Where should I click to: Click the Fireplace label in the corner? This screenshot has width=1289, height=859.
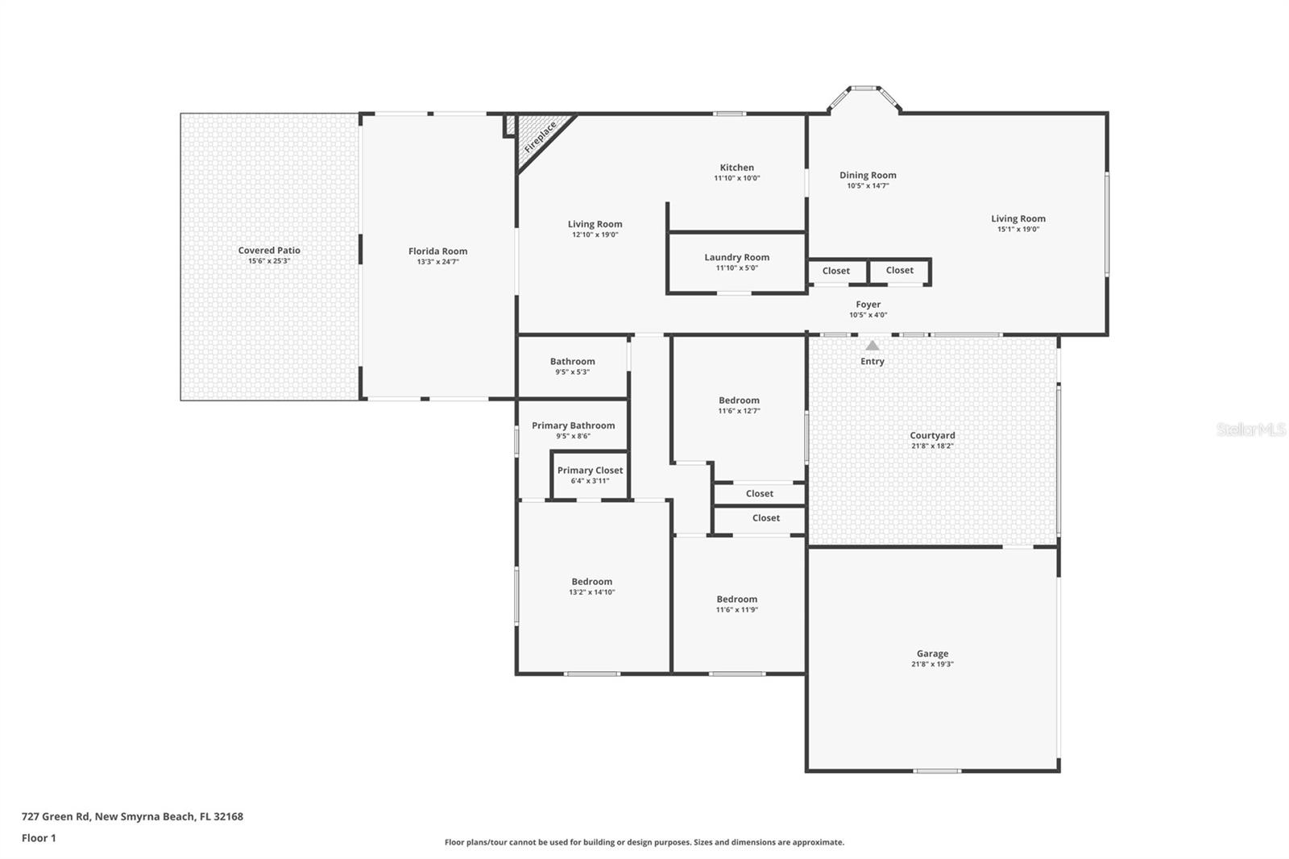(541, 137)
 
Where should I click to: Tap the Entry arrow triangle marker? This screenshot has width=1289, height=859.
(872, 346)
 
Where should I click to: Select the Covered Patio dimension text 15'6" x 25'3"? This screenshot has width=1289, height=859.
(269, 261)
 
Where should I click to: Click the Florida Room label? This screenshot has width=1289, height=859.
(437, 251)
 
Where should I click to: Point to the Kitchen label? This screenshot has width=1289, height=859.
(737, 168)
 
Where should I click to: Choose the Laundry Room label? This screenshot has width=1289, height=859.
(736, 257)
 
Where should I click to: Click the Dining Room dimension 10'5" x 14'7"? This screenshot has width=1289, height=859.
(868, 186)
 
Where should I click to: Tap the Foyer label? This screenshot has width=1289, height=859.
(868, 305)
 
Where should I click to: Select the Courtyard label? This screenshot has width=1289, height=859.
(932, 435)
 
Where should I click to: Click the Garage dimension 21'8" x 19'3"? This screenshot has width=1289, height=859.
(932, 665)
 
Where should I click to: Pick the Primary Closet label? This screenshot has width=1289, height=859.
(590, 470)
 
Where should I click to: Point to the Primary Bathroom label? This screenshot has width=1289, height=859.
(573, 425)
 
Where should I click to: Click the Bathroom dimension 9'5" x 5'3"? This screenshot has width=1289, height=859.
(572, 372)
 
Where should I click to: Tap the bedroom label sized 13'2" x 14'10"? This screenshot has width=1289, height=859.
(592, 581)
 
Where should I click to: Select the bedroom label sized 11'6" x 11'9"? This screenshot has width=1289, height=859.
(737, 599)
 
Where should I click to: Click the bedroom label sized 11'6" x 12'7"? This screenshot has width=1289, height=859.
(739, 400)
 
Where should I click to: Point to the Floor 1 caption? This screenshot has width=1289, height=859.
(39, 838)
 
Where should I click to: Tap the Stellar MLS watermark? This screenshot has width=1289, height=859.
(1250, 429)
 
